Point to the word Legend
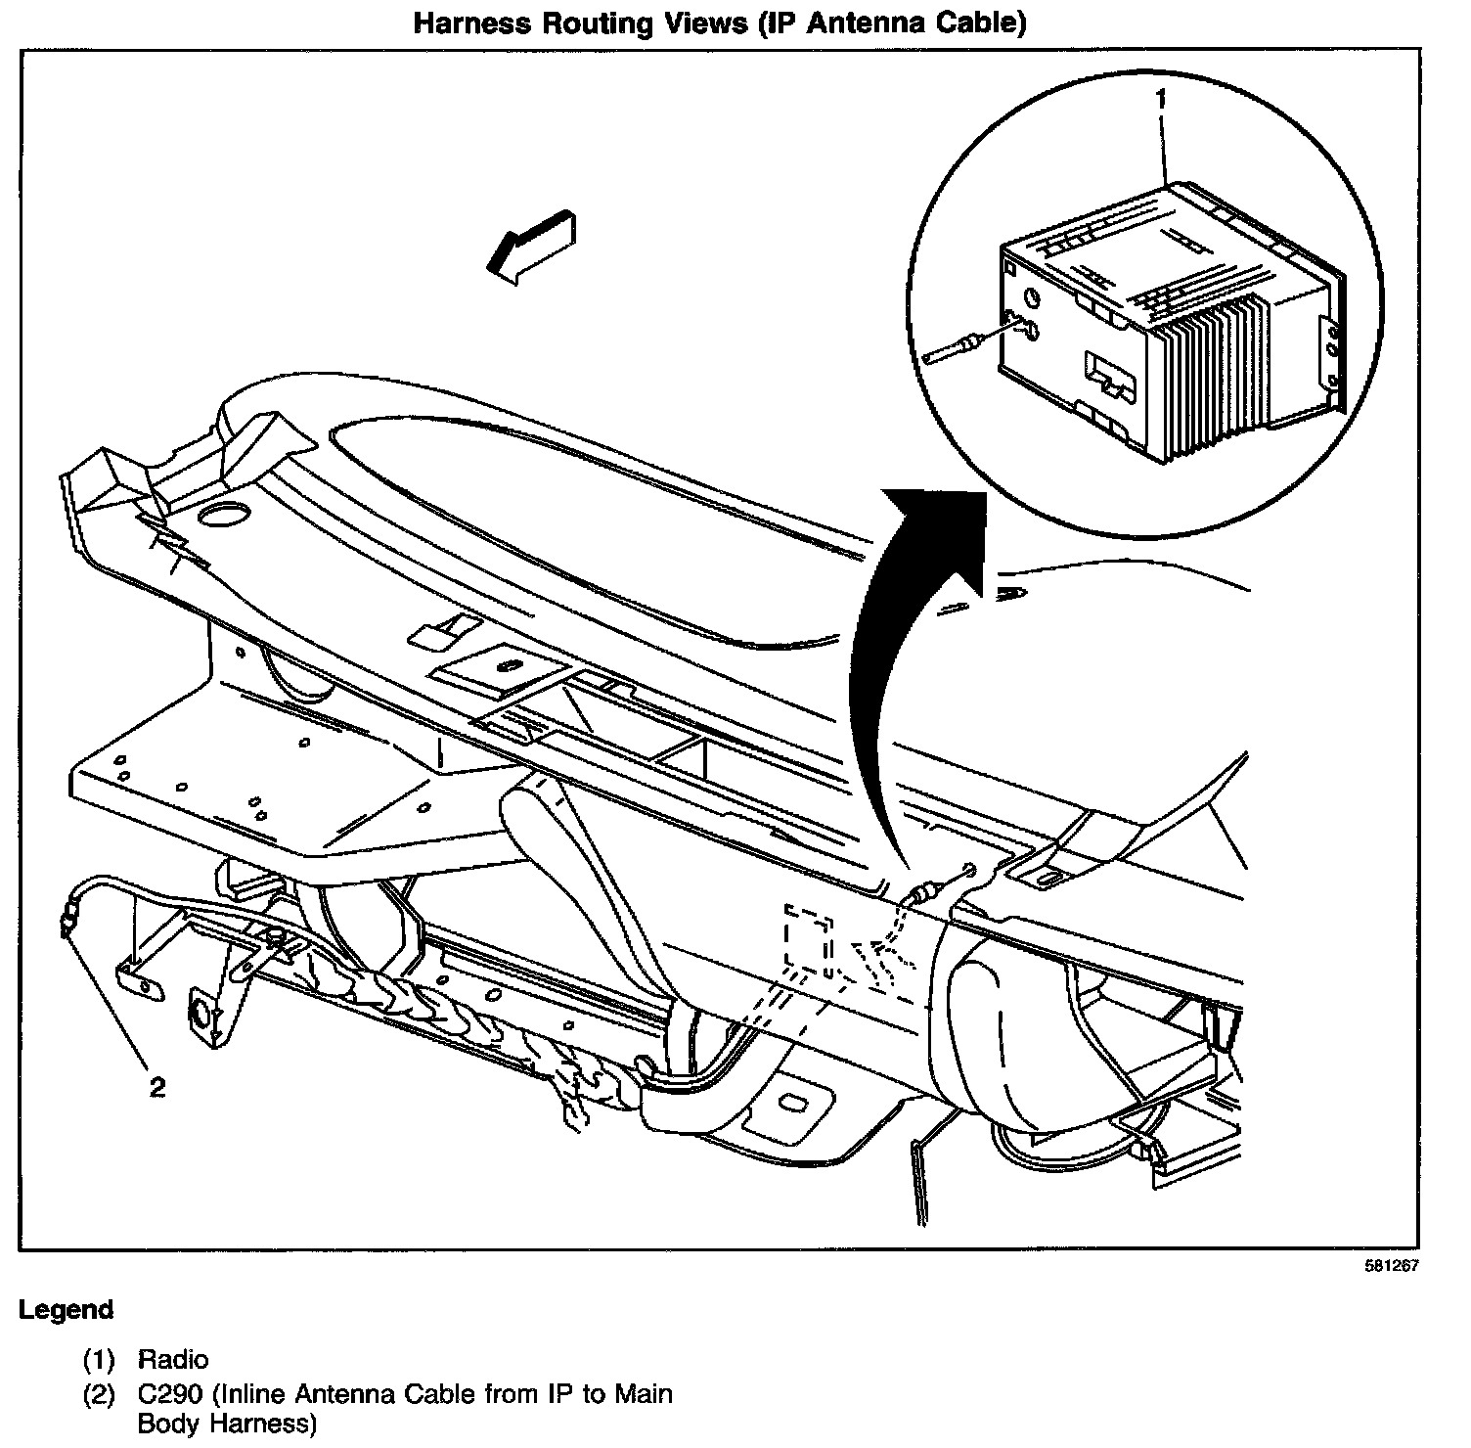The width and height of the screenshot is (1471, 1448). tap(67, 1309)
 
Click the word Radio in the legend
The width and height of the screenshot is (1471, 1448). tap(173, 1359)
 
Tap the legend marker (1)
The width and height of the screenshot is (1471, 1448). tap(98, 1359)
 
